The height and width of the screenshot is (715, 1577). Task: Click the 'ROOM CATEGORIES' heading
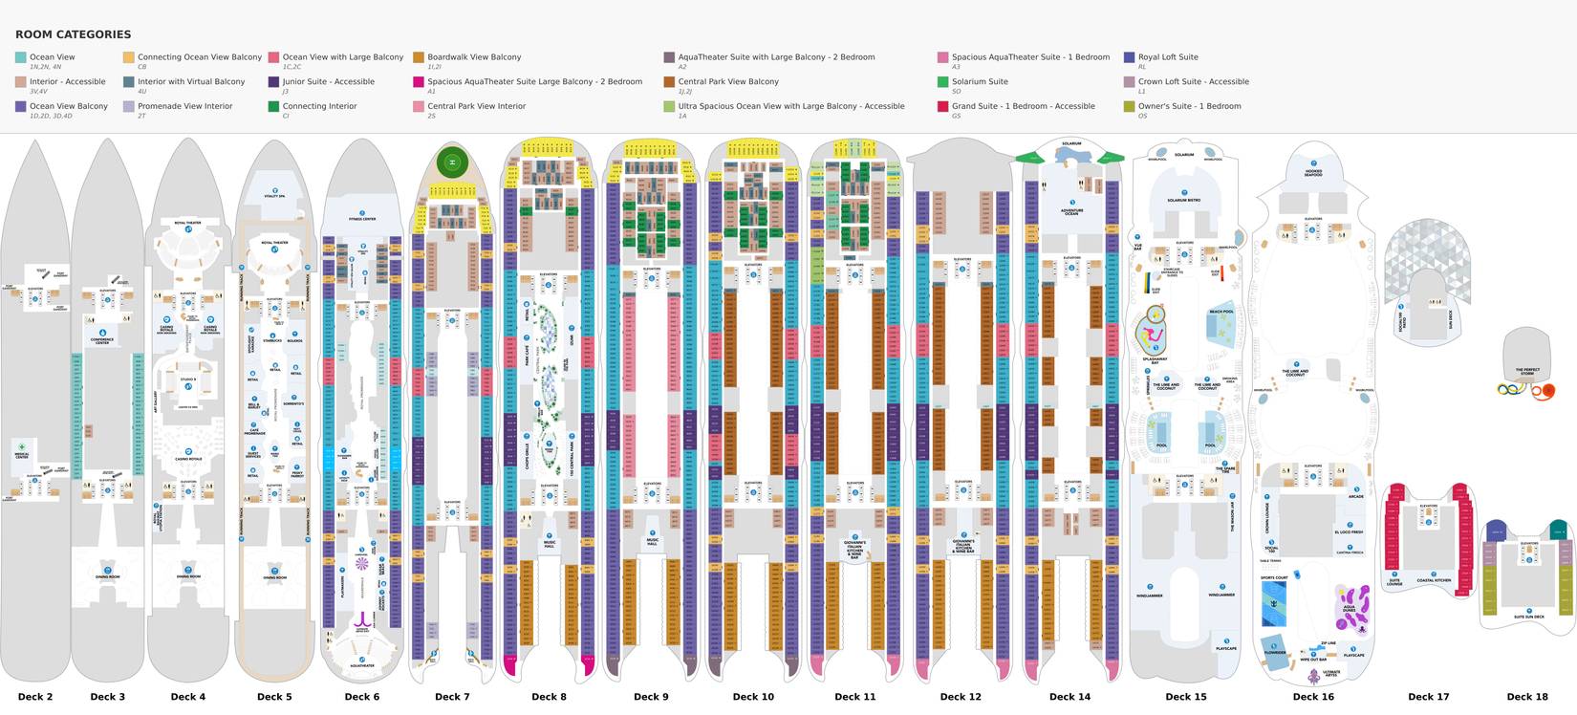(74, 34)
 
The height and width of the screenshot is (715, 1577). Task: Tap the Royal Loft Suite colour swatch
(1130, 57)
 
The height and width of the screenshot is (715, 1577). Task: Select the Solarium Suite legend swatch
(943, 82)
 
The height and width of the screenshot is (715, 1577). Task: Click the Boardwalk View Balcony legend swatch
(419, 57)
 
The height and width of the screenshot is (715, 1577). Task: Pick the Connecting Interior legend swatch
(274, 107)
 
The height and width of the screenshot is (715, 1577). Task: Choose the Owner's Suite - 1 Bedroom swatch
(1130, 107)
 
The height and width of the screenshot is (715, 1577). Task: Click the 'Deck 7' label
(452, 697)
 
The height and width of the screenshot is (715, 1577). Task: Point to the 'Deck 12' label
(961, 697)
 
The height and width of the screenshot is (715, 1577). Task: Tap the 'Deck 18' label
(1527, 697)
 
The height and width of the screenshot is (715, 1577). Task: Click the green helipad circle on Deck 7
(452, 162)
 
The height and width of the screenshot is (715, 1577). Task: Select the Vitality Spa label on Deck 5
(275, 196)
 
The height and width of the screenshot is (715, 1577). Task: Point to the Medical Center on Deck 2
(21, 453)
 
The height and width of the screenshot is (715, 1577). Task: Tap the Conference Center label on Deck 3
(102, 340)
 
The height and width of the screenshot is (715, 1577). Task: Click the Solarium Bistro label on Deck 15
(1184, 200)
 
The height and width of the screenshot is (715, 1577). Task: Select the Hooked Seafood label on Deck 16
(1314, 173)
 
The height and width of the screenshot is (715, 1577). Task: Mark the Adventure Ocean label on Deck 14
(1071, 211)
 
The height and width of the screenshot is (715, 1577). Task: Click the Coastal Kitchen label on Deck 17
(1434, 580)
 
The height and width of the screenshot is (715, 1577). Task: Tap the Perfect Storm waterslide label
(1527, 371)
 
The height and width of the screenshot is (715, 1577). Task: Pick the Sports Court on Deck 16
(1274, 578)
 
